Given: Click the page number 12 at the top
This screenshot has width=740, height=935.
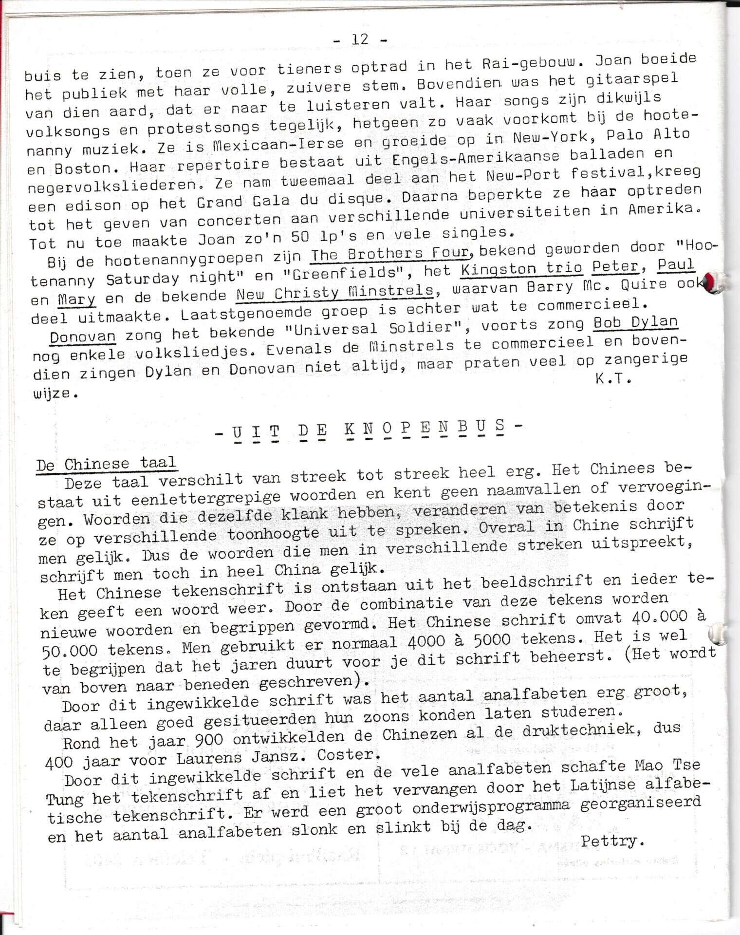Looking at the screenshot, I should click(360, 39).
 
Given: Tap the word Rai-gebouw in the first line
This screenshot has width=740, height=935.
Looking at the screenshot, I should click(531, 63).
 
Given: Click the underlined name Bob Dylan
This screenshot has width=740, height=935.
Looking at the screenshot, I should click(635, 322).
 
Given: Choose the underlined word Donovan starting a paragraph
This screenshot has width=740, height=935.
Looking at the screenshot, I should click(83, 337).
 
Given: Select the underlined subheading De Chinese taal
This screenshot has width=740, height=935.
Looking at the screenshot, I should click(106, 464).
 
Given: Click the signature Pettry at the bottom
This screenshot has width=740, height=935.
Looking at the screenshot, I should click(612, 841).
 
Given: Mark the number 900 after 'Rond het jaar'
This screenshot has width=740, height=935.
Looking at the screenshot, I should click(208, 740).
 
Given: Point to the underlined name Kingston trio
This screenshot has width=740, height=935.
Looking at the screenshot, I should click(521, 268).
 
